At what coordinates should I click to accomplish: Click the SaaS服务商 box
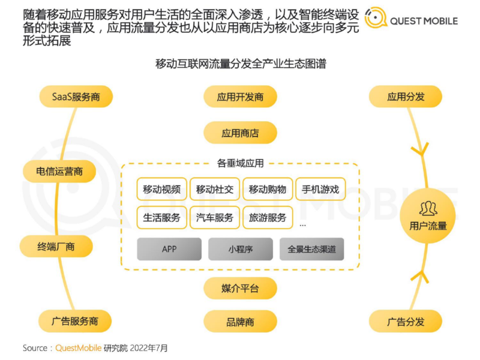[x=76, y=97]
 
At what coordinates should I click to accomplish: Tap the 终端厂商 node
[x=56, y=246]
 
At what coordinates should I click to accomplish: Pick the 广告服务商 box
[x=76, y=322]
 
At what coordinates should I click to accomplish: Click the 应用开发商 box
[x=240, y=97]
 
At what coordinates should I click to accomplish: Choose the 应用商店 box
[x=240, y=133]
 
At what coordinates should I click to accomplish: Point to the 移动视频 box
[x=162, y=190]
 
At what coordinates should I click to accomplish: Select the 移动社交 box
[x=215, y=190]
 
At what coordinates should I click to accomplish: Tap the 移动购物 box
[x=268, y=190]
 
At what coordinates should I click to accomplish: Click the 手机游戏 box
[x=320, y=190]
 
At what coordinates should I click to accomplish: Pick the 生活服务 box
[x=162, y=218]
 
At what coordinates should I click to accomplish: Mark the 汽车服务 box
[x=215, y=218]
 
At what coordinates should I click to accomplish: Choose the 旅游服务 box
[x=268, y=218]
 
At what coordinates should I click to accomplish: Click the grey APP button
[x=169, y=249]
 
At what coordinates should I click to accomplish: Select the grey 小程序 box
[x=240, y=249]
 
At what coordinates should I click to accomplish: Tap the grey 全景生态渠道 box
[x=311, y=249]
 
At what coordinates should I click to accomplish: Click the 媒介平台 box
[x=240, y=289]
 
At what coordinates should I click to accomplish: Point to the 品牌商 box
[x=240, y=322]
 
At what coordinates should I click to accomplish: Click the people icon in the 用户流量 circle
[x=428, y=209]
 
